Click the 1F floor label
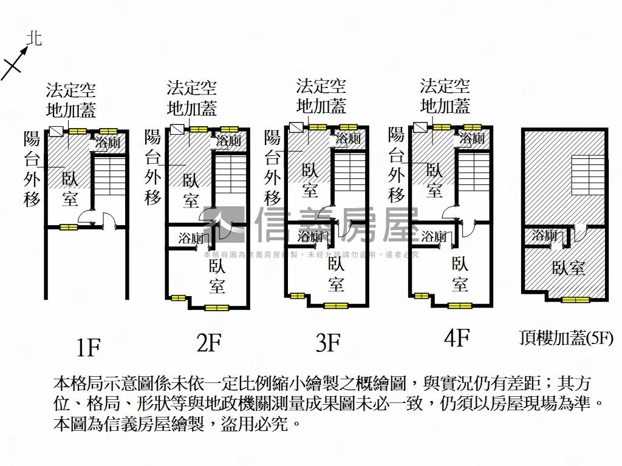[88, 348]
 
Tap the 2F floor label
[208, 343]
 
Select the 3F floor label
[328, 343]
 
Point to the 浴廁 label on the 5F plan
[545, 236]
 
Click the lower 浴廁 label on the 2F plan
[191, 238]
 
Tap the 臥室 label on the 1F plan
[70, 188]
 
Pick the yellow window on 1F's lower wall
[69, 227]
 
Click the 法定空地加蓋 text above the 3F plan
[321, 96]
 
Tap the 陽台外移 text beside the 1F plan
[32, 168]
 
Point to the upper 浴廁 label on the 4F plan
[472, 138]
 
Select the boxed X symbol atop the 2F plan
[177, 129]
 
